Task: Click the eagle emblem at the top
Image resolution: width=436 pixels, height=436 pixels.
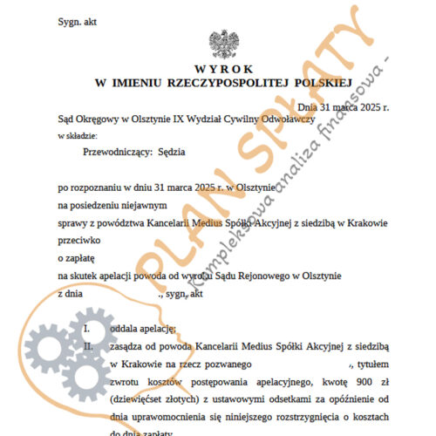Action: pos(217,43)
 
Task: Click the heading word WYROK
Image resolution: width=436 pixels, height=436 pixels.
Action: pos(217,67)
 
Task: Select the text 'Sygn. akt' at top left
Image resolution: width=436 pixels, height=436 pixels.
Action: pos(77,18)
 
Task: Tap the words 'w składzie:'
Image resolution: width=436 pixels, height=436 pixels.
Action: pos(78,136)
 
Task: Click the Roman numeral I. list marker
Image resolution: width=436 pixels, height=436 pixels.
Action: pos(86,328)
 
